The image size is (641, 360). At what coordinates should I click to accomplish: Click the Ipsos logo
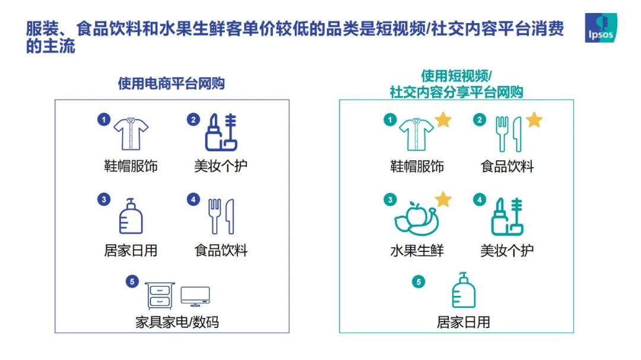click(601, 27)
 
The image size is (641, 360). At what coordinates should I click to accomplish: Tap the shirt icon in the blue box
click(131, 133)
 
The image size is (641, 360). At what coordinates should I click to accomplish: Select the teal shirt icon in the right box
click(416, 134)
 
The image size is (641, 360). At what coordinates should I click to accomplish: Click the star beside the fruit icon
click(443, 199)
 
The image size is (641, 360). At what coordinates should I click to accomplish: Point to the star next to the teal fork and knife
click(534, 120)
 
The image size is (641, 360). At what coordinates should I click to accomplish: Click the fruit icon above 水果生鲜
click(416, 219)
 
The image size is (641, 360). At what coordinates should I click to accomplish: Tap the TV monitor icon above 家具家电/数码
click(195, 297)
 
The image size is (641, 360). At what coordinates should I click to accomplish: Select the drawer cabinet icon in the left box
click(160, 295)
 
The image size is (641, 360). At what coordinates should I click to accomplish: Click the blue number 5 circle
click(132, 282)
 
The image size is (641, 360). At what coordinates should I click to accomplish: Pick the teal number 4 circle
click(480, 199)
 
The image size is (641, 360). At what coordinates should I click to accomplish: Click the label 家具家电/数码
click(177, 322)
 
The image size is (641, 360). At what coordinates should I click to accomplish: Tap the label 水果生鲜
click(417, 250)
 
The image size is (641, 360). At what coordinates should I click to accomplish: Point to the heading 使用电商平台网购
click(172, 84)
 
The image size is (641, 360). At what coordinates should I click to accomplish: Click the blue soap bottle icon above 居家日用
click(131, 216)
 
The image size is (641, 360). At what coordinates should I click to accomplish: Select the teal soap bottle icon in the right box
click(464, 289)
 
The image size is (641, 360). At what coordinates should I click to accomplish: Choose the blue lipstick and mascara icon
click(221, 132)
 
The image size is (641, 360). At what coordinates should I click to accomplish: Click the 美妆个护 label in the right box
click(507, 250)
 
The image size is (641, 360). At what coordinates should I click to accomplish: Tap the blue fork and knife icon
click(221, 216)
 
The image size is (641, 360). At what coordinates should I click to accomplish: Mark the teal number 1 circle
click(390, 120)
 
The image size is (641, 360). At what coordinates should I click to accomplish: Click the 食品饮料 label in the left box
click(221, 250)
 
